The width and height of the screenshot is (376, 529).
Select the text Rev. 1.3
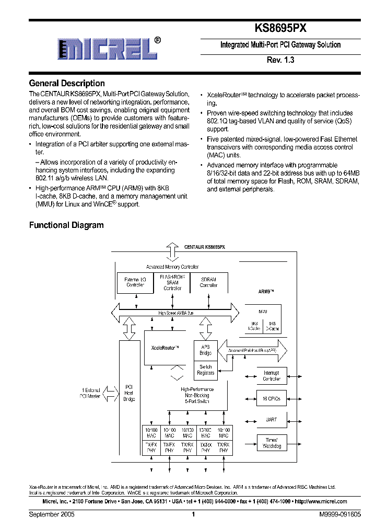[281, 60]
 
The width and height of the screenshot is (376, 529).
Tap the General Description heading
[67, 83]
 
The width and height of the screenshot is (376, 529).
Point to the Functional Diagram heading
[66, 225]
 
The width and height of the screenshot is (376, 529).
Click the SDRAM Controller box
[208, 283]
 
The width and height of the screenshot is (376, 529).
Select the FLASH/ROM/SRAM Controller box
[172, 282]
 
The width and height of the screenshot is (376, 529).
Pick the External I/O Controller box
[136, 283]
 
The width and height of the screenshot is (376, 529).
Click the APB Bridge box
[205, 349]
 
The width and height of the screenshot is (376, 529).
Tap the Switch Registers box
[205, 370]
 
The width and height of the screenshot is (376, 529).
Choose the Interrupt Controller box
[271, 376]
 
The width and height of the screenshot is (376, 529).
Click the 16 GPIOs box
[271, 398]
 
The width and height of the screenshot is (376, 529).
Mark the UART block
[271, 420]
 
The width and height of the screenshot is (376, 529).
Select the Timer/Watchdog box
[271, 443]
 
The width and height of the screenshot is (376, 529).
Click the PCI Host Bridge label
[129, 393]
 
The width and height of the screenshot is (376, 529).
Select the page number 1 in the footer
[193, 514]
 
